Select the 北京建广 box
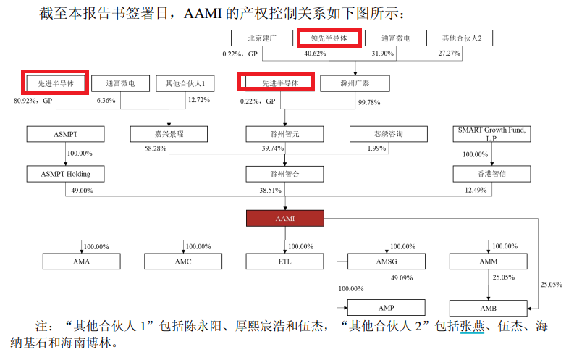tap(261, 38)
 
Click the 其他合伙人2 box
tap(462, 38)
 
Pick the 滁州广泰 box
tap(355, 84)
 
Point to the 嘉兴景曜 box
tap(169, 134)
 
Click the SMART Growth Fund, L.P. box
tap(491, 134)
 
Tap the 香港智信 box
tap(492, 174)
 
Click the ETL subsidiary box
tap(284, 261)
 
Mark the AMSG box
tap(386, 261)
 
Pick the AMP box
tap(386, 307)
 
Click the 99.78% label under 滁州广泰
tap(369, 102)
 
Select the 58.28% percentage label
tap(156, 148)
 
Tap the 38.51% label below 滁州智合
tap(269, 190)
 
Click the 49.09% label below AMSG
tap(401, 277)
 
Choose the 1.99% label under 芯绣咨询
tap(376, 148)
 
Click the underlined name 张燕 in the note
tap(471, 327)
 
